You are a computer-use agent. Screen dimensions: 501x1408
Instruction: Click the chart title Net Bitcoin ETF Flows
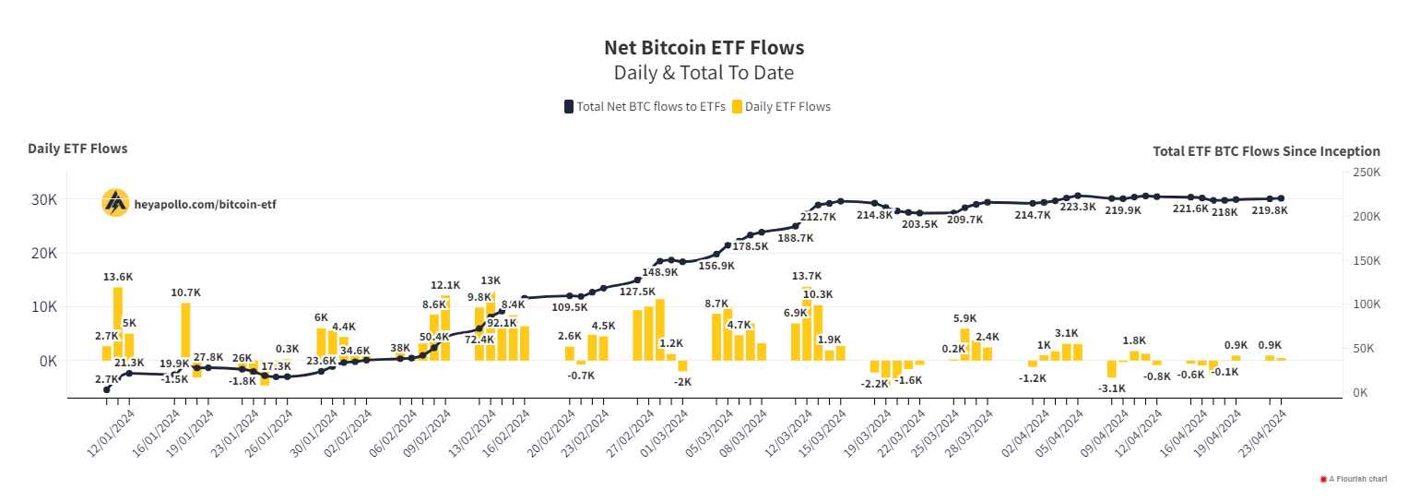704,47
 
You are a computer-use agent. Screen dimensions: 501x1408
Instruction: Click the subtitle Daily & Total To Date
704,73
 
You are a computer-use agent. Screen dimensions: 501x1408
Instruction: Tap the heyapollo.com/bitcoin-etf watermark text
205,204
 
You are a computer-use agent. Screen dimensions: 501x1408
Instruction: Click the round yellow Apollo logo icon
115,203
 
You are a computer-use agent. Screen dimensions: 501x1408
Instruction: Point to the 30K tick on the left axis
45,199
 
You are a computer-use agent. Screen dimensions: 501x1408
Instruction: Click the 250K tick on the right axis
1366,173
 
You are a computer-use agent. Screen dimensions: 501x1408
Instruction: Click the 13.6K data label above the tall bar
118,277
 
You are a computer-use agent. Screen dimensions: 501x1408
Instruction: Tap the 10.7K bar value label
185,292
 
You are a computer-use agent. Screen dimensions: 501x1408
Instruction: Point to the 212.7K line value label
818,217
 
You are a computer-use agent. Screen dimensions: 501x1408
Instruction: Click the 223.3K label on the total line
1078,208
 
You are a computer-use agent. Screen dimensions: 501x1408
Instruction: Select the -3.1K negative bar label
1111,388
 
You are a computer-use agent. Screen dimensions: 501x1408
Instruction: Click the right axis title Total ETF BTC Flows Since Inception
1266,151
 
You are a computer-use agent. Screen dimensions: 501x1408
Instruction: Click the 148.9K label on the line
660,272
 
